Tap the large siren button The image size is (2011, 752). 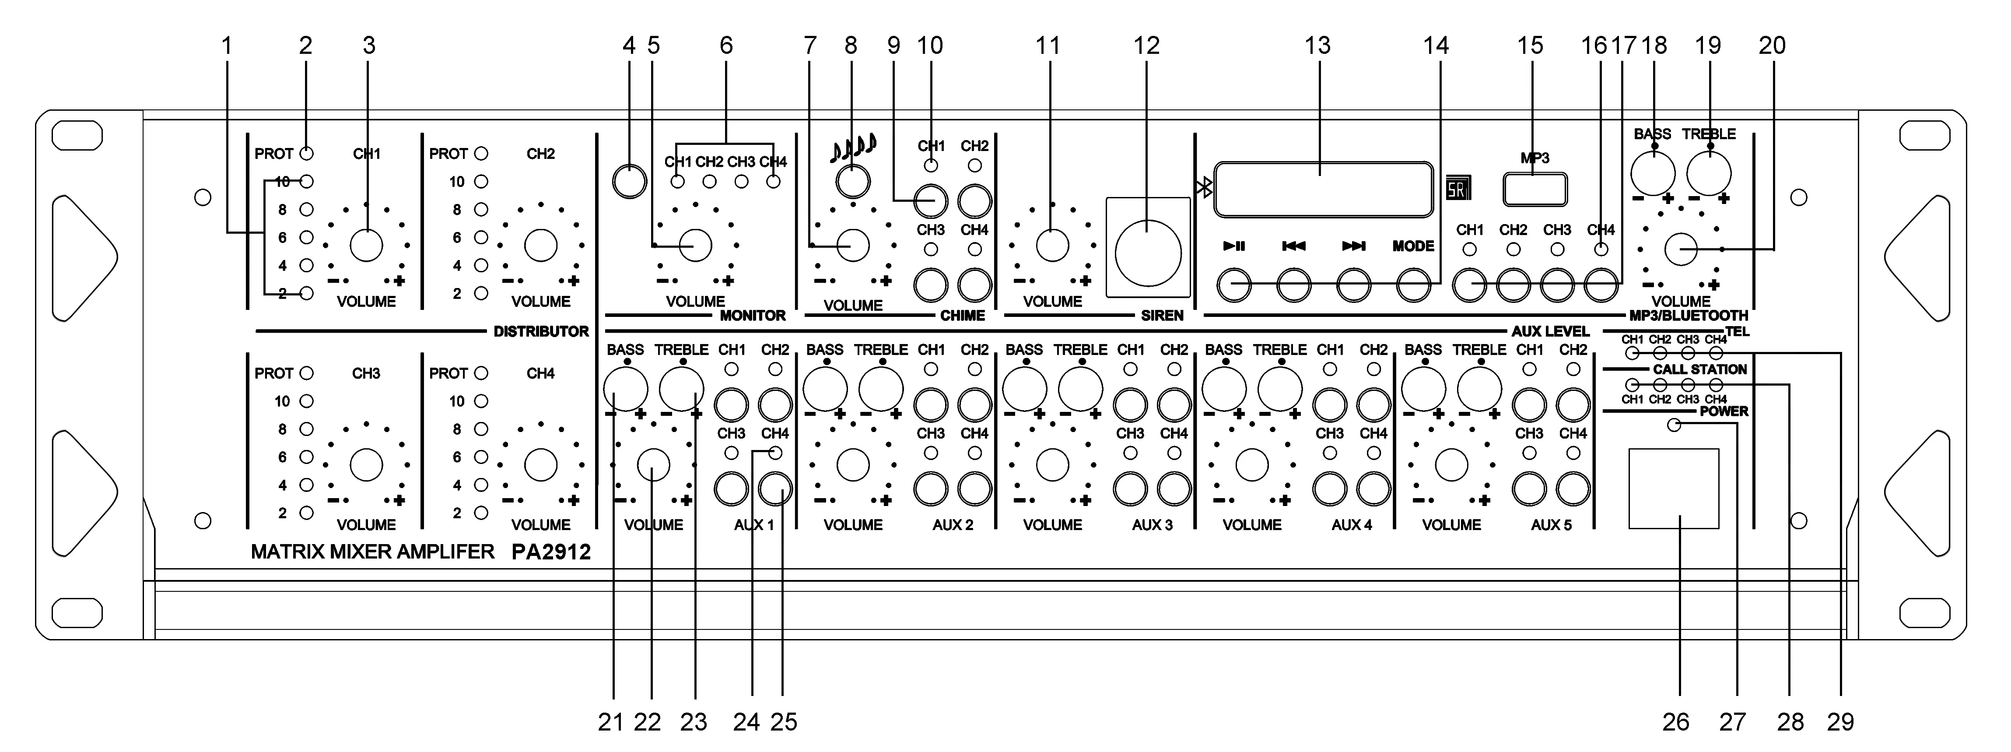click(1148, 252)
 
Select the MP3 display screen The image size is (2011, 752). click(1323, 189)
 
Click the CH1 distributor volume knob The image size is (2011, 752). click(366, 245)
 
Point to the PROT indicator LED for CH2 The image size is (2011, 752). click(481, 154)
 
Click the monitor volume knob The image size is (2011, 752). click(696, 245)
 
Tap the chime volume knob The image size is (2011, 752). click(852, 245)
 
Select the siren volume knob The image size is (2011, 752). click(1051, 245)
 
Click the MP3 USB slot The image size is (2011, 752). click(1535, 189)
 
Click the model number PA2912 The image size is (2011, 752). click(551, 552)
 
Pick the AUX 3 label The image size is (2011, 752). click(1152, 525)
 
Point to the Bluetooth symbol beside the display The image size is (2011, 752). click(1205, 187)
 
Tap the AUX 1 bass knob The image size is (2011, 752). click(625, 388)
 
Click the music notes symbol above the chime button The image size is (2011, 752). click(852, 146)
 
